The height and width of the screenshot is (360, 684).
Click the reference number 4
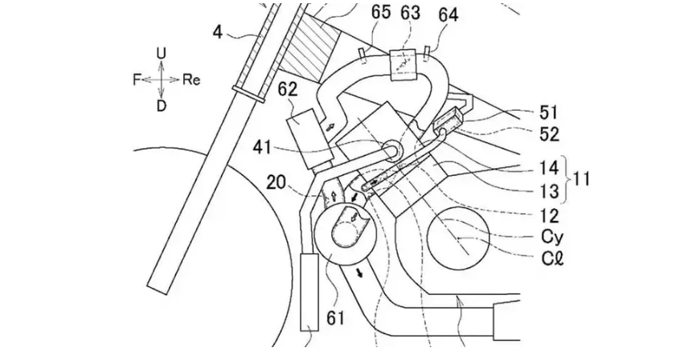click(x=218, y=32)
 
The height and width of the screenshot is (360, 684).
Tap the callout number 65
click(x=381, y=13)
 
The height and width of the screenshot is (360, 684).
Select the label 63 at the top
click(x=411, y=13)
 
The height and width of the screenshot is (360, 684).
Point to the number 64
click(x=448, y=14)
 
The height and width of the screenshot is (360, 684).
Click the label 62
click(x=288, y=89)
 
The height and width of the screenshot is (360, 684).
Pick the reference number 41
click(x=262, y=148)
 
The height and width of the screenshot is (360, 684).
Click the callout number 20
click(x=276, y=182)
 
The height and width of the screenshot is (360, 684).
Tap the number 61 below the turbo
click(x=335, y=317)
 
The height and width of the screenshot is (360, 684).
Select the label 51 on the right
click(x=548, y=112)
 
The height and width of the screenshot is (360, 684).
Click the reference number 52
click(x=549, y=134)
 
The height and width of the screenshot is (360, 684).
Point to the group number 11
click(x=580, y=179)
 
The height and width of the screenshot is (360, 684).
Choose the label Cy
click(x=552, y=237)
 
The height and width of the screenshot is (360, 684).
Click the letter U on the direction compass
click(x=161, y=54)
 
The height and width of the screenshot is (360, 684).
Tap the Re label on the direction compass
click(x=191, y=80)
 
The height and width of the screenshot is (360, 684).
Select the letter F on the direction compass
click(x=137, y=80)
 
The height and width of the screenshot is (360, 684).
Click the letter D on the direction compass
click(x=161, y=105)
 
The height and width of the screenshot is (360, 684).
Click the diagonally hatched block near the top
click(x=310, y=48)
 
